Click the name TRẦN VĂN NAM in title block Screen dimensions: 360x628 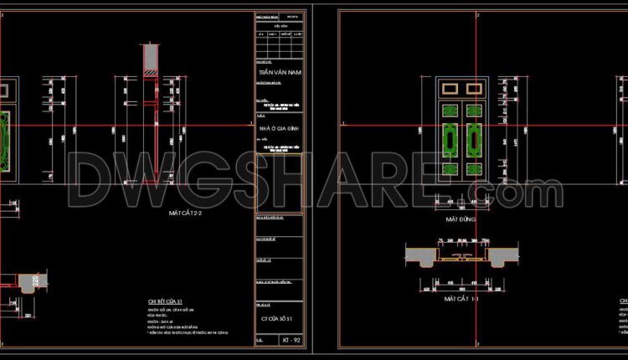coord(280,73)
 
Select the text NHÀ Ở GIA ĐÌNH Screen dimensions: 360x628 coord(279,127)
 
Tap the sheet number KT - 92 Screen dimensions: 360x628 coord(291,341)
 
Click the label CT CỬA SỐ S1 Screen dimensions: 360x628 coord(277,319)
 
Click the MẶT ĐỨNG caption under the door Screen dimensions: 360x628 coord(461,219)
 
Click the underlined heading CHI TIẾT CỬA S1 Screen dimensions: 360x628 coord(165,301)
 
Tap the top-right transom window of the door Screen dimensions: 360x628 coord(474,87)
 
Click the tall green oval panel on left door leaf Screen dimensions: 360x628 coord(448,136)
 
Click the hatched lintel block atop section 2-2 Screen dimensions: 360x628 coord(151,57)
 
